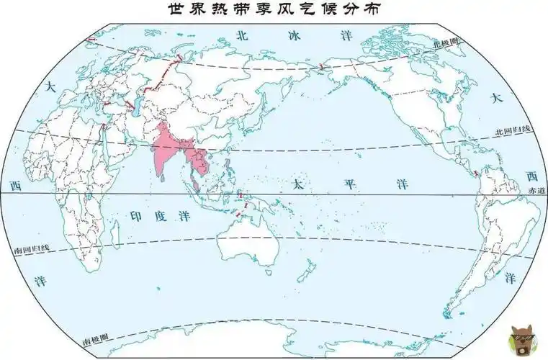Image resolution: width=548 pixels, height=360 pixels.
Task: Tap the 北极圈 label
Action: (x=445, y=43)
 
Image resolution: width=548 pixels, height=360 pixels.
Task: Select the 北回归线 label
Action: (x=512, y=130)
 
